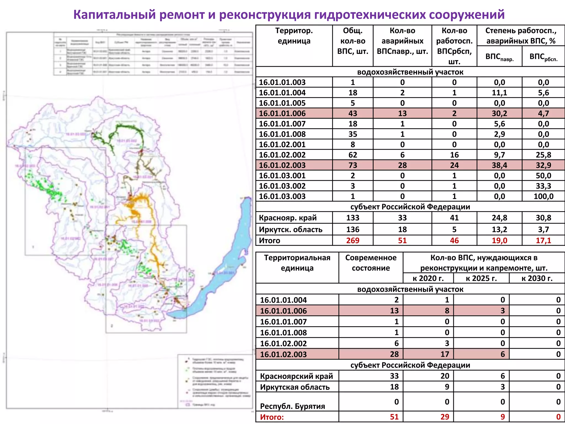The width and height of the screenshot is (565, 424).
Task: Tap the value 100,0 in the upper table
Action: (x=543, y=197)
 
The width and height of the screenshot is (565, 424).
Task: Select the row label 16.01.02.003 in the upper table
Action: (x=282, y=165)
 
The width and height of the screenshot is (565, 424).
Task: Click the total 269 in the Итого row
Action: (x=353, y=240)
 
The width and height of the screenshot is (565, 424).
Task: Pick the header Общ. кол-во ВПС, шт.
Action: (x=353, y=41)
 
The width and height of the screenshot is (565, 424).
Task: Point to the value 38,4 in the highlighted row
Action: (x=499, y=165)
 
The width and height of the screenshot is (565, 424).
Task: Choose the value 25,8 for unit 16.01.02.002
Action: (x=543, y=155)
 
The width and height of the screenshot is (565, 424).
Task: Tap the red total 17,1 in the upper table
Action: (x=543, y=240)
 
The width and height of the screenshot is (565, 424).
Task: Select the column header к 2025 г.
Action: (x=481, y=278)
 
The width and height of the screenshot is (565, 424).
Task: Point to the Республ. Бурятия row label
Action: (x=292, y=406)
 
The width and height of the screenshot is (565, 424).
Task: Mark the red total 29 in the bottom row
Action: (x=444, y=417)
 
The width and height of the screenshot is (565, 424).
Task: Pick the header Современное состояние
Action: (x=371, y=263)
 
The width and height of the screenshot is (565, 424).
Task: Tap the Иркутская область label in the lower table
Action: (x=295, y=387)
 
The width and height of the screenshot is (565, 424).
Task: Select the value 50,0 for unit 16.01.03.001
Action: (x=543, y=176)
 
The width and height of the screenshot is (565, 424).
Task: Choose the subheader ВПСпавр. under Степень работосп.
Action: (x=499, y=57)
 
